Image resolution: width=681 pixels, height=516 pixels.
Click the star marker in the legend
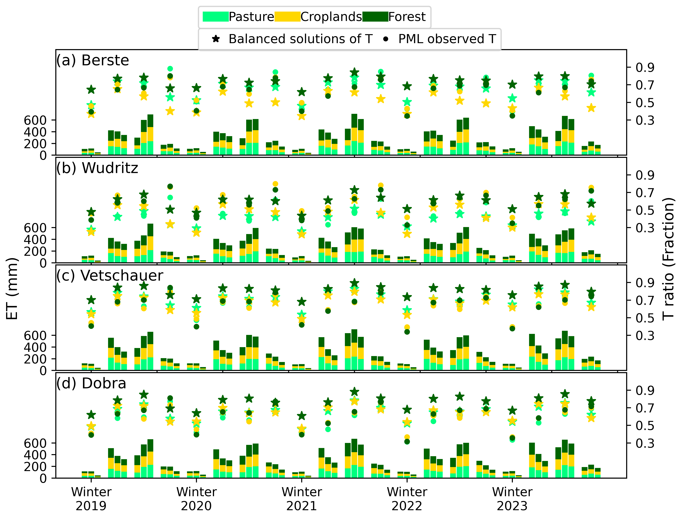pos(216,39)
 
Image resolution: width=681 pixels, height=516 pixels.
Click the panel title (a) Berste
pos(92,60)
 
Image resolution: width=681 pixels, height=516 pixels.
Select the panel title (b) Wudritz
pos(97,168)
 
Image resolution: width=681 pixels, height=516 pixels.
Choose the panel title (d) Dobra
pos(91,384)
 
